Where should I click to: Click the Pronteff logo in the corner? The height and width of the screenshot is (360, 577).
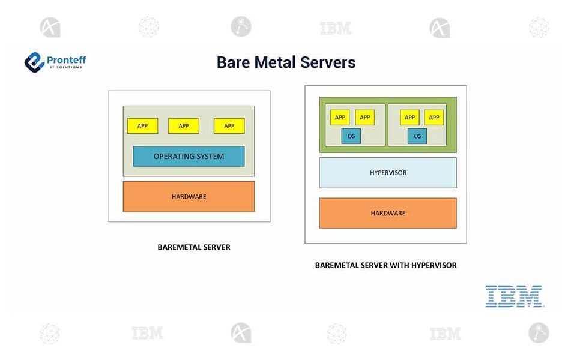click(55, 62)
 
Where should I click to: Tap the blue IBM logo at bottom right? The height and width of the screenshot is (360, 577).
click(514, 296)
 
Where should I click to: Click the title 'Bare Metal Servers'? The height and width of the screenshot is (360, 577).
click(286, 62)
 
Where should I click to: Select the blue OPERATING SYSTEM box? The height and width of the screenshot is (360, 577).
click(189, 156)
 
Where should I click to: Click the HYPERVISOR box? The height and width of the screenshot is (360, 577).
click(388, 173)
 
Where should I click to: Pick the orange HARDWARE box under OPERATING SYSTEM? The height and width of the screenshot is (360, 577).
click(189, 196)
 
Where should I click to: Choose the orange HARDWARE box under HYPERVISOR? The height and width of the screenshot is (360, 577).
click(388, 213)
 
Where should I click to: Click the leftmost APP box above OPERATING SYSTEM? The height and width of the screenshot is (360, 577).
click(142, 126)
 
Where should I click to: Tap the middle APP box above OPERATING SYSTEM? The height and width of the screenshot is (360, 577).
click(184, 126)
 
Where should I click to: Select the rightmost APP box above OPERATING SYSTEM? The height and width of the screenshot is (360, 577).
click(229, 126)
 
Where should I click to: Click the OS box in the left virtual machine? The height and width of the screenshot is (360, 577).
click(351, 136)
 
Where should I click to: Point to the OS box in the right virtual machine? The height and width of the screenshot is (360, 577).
click(417, 136)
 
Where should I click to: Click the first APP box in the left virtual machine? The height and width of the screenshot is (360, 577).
click(340, 118)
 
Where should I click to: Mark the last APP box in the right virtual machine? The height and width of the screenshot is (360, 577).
click(434, 118)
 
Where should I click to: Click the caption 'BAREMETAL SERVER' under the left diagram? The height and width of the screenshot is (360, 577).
click(194, 247)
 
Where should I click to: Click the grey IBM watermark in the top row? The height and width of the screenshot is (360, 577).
click(335, 28)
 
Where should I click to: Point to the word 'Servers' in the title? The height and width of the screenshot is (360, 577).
click(331, 62)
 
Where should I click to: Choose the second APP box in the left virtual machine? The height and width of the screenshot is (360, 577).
click(364, 118)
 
